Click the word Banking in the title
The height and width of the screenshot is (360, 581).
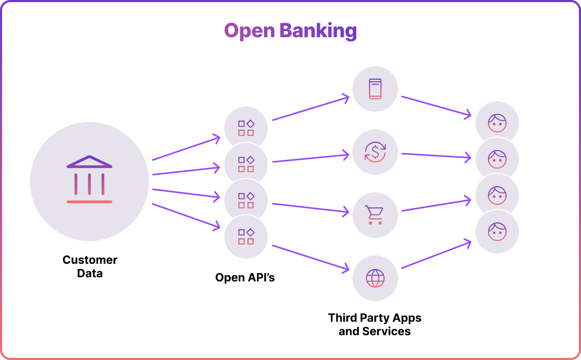(x=318, y=31)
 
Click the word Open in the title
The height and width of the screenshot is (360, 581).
(x=250, y=31)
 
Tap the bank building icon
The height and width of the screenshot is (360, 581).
(x=89, y=179)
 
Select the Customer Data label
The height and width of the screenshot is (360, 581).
(x=90, y=266)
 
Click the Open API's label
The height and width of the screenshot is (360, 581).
(x=245, y=278)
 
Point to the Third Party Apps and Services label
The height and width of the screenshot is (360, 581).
(x=375, y=324)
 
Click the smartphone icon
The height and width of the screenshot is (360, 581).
(x=375, y=88)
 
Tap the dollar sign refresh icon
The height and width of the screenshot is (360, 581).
(x=375, y=152)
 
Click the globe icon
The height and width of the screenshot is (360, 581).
(x=375, y=278)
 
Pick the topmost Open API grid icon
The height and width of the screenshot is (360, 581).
(x=246, y=128)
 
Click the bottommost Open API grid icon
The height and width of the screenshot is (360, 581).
(x=246, y=237)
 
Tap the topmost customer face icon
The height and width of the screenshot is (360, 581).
(x=497, y=123)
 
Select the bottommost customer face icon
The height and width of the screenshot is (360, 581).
(x=497, y=231)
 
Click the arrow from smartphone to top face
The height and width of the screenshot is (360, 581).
(x=436, y=106)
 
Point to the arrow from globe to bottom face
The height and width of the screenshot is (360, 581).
(x=436, y=254)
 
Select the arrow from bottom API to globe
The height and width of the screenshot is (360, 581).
(x=310, y=257)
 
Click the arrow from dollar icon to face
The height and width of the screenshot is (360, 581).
(x=436, y=155)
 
